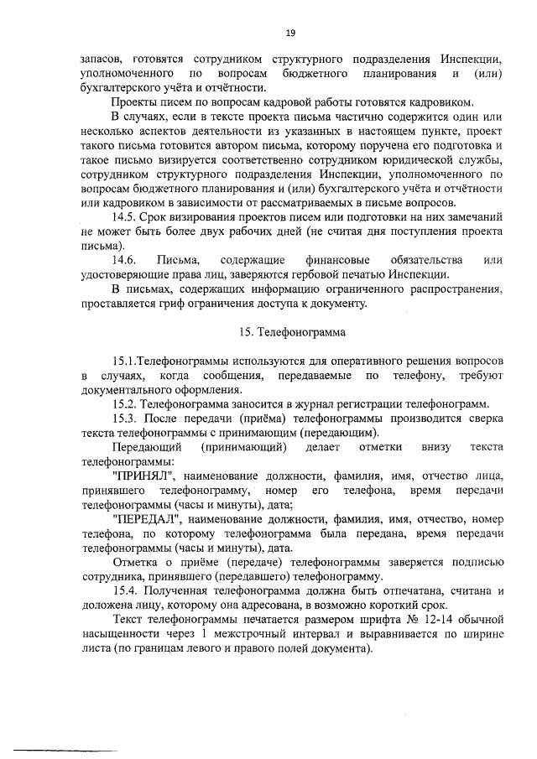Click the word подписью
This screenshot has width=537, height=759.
(x=474, y=562)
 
